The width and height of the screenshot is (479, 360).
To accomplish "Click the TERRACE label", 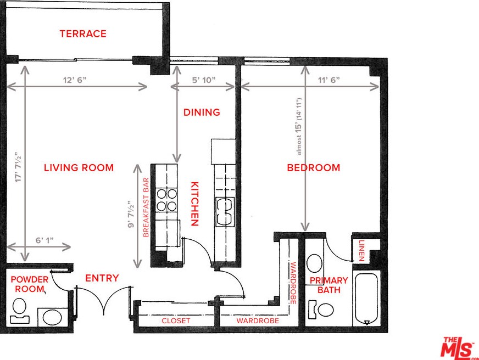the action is coord(83,33).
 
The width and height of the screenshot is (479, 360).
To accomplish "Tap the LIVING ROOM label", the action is coord(79,167).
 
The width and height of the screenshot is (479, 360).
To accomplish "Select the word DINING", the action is coord(202,113).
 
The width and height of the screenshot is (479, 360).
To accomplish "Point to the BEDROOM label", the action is coord(314,167).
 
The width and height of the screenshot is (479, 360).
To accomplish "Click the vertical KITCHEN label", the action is coord(195,204).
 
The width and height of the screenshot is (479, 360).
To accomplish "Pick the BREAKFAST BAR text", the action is coord(146,207).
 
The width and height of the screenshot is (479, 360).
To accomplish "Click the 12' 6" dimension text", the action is coord(75,80).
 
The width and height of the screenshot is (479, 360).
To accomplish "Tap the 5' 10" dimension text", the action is coord(203,80).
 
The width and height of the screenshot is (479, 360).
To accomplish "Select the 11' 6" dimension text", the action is coord(328,80).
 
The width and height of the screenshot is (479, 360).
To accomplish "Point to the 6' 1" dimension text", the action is coord(44,240).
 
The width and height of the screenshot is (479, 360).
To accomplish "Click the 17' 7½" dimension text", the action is coord(18,167).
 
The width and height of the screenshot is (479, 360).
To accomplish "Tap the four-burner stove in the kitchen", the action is coord(167,200).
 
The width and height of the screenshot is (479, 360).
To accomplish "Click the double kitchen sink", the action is coord(225,212).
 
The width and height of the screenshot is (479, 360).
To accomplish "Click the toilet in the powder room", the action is coord(20,311).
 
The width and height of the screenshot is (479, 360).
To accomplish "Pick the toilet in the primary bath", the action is coord(321,310).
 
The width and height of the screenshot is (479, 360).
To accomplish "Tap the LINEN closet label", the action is coord(361,250).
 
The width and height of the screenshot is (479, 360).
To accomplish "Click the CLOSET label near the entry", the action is coord(176,320).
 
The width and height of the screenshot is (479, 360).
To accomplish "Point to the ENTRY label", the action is coord(102,278).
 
